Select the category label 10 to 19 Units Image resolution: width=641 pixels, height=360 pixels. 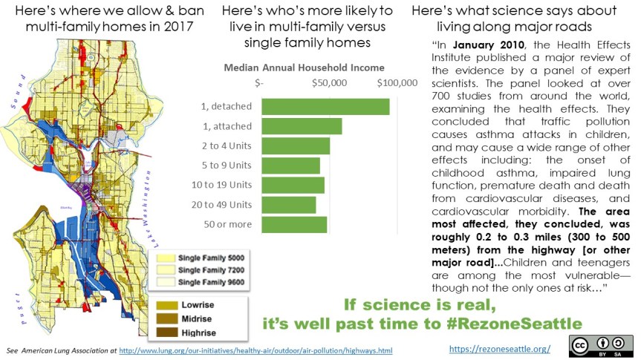click(x=227, y=184)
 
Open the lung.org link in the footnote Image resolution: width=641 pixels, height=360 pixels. click(x=256, y=350)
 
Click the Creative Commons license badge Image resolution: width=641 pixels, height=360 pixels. click(x=601, y=346)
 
